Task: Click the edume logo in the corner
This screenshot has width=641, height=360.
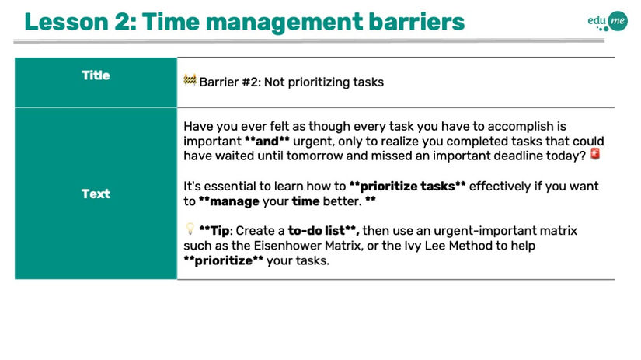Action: (608, 21)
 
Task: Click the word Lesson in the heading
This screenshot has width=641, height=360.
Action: (66, 22)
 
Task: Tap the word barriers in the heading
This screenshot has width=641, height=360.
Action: (416, 22)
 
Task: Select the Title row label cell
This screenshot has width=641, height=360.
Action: (96, 82)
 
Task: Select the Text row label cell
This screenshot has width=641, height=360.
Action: (96, 194)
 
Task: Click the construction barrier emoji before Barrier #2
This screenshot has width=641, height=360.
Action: (190, 80)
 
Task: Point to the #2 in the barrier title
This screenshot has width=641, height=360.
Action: (251, 82)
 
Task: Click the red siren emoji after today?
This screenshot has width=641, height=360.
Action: (595, 154)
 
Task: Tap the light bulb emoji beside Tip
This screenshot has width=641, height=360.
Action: (190, 229)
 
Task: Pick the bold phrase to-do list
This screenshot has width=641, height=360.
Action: (317, 231)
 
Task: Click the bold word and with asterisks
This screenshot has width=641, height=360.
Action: (267, 142)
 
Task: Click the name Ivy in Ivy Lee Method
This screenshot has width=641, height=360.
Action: (413, 246)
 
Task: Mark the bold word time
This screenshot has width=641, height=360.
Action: (305, 201)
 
